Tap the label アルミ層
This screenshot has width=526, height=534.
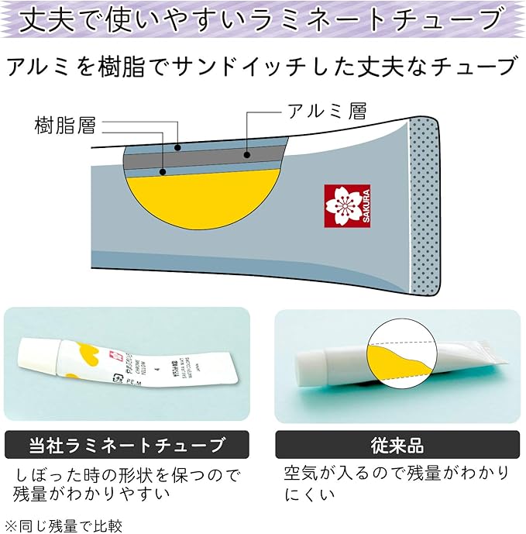tap(325, 111)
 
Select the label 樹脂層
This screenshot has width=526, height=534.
tap(65, 124)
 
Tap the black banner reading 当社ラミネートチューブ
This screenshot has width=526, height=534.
tap(127, 446)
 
